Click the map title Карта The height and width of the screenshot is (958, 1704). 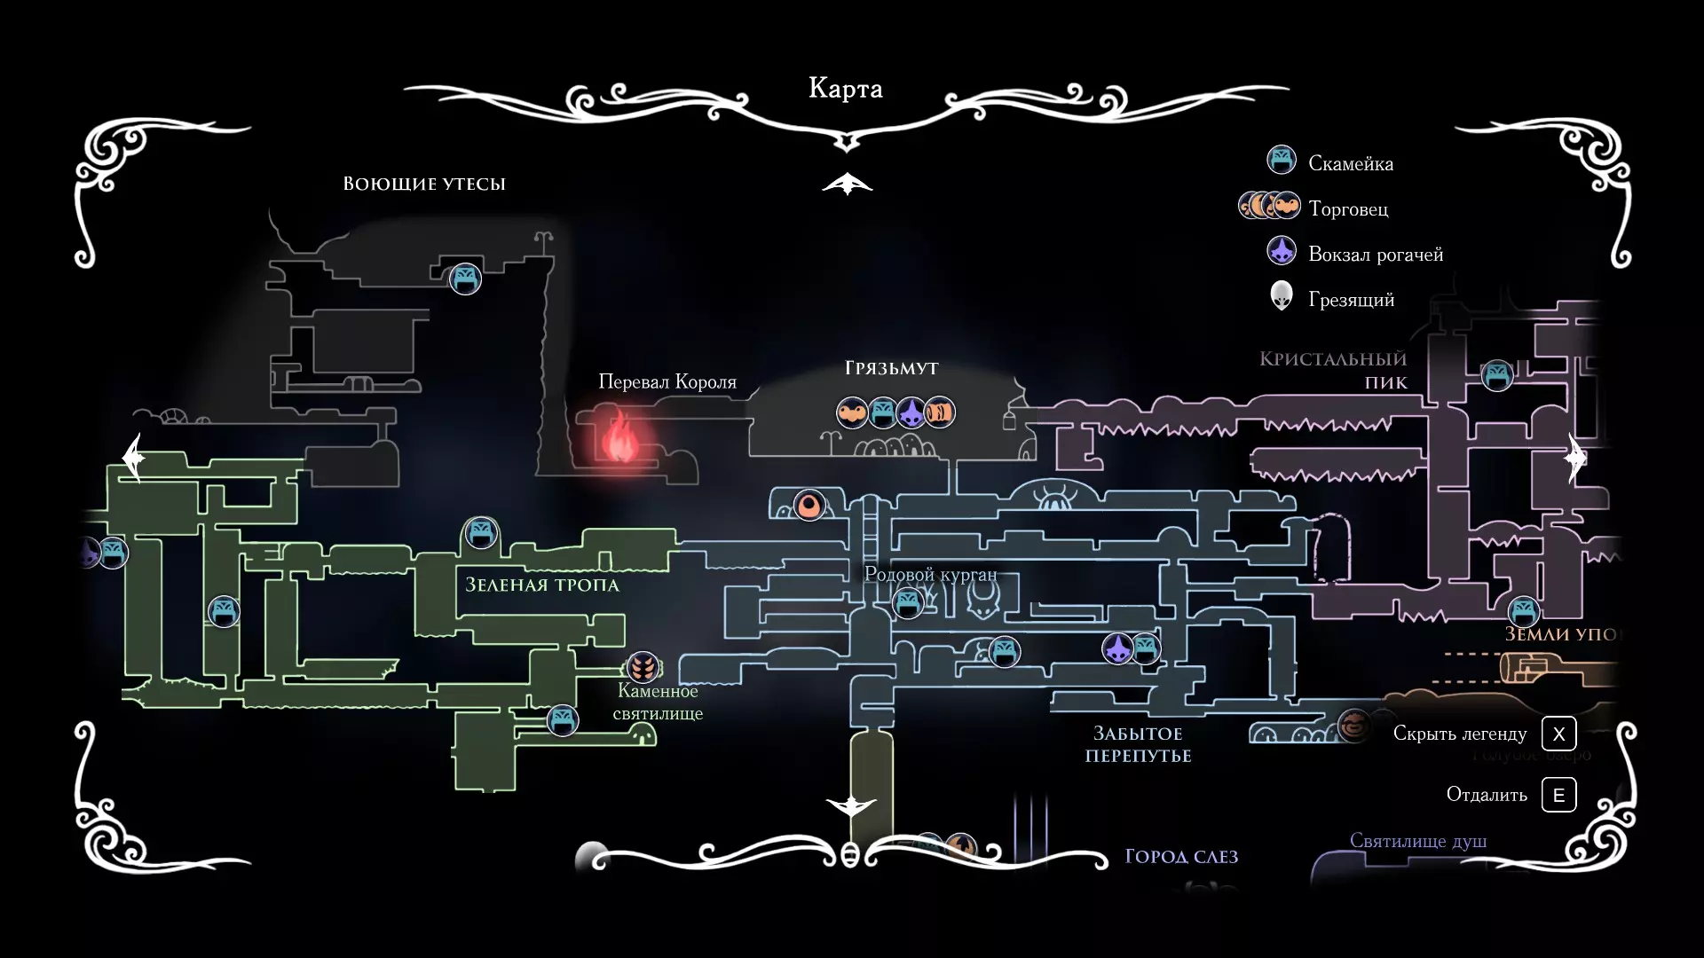(x=845, y=89)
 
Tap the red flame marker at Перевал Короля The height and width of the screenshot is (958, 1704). (x=618, y=436)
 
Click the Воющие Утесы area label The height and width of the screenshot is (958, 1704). (x=424, y=184)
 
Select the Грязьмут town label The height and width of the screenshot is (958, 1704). (x=891, y=368)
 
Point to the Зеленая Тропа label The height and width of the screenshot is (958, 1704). (x=542, y=585)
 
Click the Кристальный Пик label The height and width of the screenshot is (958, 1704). (x=1333, y=370)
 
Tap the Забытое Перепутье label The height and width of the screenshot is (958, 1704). (x=1138, y=744)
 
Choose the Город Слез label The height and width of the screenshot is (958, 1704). (x=1181, y=857)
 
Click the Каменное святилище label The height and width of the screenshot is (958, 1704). (x=658, y=702)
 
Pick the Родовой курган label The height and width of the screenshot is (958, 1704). (x=930, y=575)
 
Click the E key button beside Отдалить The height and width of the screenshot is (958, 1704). (x=1558, y=795)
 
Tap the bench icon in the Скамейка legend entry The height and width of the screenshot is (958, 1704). (x=1281, y=161)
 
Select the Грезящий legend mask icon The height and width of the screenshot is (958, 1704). (x=1281, y=296)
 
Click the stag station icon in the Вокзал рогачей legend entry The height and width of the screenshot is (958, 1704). (x=1281, y=252)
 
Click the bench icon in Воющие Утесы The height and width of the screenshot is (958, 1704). (x=465, y=279)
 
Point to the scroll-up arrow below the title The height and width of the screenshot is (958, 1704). (x=847, y=184)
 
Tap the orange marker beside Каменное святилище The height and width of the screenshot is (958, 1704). (x=643, y=666)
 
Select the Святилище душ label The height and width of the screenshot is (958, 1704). (x=1417, y=841)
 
